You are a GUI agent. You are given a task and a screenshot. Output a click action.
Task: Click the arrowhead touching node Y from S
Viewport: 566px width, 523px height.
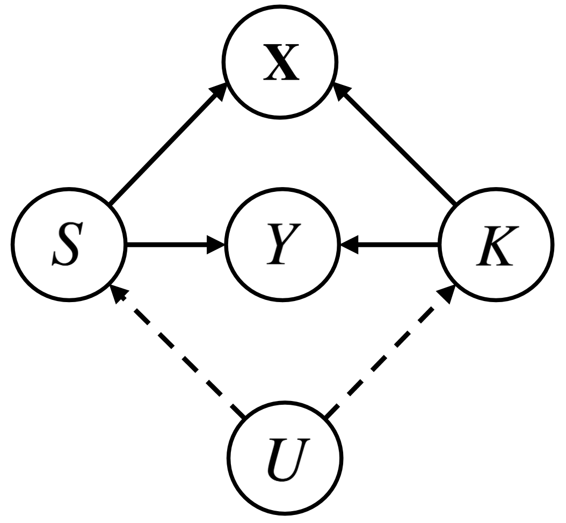click(x=217, y=246)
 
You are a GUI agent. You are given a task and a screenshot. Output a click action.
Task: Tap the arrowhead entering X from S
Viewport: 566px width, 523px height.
click(x=220, y=92)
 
